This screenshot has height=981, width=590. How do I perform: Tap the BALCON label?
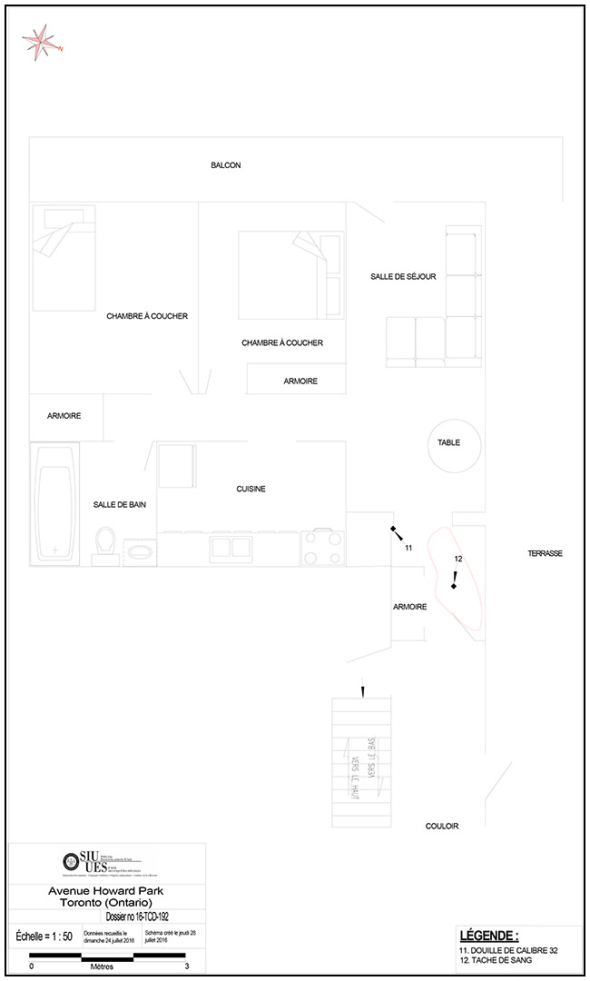point(226,165)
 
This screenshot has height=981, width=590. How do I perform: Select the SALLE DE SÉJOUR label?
point(403,276)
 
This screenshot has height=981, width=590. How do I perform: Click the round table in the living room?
point(449,443)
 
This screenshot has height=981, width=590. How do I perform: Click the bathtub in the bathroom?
point(55,504)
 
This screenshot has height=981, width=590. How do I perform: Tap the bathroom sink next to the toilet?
point(140,550)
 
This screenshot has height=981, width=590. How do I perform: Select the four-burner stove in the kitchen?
point(322,548)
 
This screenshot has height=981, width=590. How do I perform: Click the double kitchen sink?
point(231,547)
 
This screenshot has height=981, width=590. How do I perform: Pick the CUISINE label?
point(251,489)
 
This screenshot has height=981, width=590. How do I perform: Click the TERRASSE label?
point(546,553)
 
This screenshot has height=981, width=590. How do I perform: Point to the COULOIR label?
point(442,827)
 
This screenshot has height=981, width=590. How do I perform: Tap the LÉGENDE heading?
point(489,936)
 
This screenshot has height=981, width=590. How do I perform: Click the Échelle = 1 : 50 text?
point(44,936)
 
